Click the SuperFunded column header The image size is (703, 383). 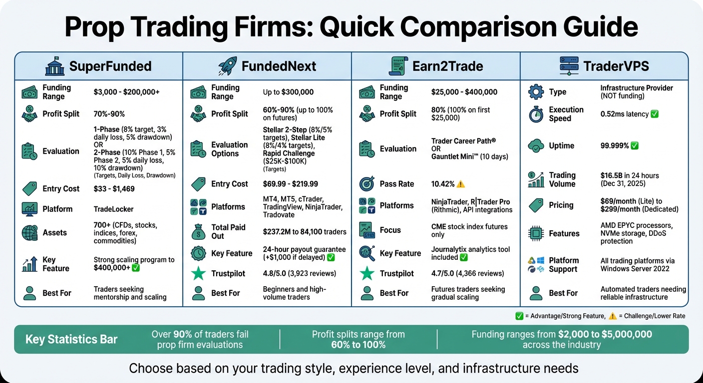(x=110, y=66)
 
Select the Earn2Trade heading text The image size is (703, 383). (x=448, y=66)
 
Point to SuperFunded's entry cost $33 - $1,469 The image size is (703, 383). (x=114, y=189)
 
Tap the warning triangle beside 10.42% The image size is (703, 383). (x=461, y=184)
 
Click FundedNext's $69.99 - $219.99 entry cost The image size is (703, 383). (x=291, y=184)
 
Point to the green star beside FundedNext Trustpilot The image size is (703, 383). (x=198, y=273)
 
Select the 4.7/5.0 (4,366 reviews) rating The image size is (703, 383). (x=467, y=273)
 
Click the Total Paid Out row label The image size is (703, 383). (x=228, y=231)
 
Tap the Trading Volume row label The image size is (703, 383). (x=562, y=180)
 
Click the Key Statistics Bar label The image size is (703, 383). (x=71, y=340)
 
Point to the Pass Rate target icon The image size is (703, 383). (x=367, y=184)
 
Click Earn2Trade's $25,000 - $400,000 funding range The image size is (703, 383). (x=464, y=92)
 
